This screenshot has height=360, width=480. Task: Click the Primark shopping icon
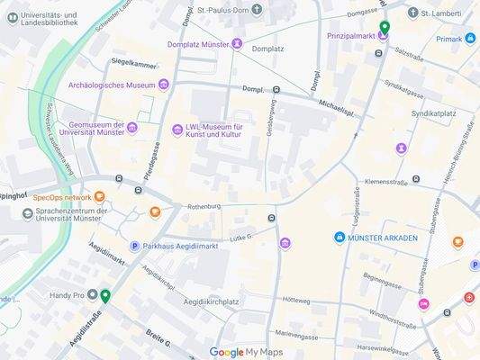(470, 38)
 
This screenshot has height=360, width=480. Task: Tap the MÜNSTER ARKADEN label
(383, 238)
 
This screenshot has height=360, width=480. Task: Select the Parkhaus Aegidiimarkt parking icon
(135, 246)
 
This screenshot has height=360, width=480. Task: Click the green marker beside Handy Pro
(105, 295)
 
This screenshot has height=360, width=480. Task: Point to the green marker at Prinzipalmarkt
(385, 28)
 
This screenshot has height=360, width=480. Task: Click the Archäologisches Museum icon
(164, 85)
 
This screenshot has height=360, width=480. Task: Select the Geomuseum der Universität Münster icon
(132, 127)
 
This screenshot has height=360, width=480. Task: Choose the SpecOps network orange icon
(99, 196)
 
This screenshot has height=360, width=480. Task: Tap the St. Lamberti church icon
(413, 13)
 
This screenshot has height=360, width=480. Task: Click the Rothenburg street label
(204, 206)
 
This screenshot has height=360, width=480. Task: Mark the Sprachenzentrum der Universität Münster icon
(28, 213)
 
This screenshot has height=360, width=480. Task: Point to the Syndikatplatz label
(434, 114)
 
